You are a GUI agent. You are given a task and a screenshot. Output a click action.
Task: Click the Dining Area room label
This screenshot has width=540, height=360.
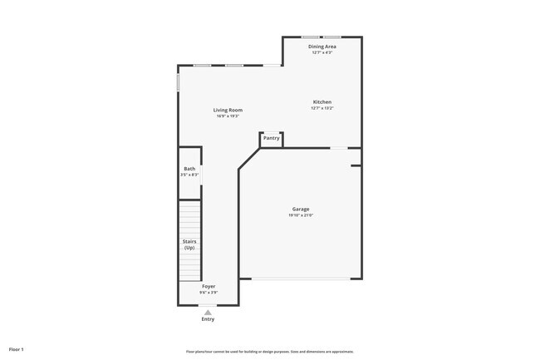pyautogui.click(x=322, y=47)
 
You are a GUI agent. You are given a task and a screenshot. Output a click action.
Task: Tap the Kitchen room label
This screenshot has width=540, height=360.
pyautogui.click(x=322, y=102)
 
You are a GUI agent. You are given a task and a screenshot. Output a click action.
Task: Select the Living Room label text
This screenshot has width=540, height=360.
pyautogui.click(x=228, y=110)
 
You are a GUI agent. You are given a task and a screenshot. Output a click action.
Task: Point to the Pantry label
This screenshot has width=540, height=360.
pyautogui.click(x=272, y=138)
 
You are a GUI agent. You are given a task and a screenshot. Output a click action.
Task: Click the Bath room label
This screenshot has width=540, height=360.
pyautogui.click(x=189, y=169)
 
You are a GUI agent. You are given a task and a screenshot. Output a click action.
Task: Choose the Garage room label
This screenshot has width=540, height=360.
pyautogui.click(x=300, y=209)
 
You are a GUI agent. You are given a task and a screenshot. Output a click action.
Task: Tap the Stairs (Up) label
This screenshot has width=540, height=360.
pyautogui.click(x=189, y=244)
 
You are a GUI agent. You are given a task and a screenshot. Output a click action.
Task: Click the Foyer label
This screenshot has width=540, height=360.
pyautogui.click(x=209, y=286)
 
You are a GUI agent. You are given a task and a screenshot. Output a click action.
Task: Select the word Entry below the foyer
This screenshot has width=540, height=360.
pyautogui.click(x=208, y=319)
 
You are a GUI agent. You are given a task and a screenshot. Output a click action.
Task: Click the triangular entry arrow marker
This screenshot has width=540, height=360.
pyautogui.click(x=208, y=312)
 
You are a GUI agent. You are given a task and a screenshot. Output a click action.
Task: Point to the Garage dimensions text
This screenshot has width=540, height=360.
pyautogui.click(x=300, y=215)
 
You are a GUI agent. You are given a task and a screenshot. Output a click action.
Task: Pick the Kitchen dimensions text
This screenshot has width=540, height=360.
pyautogui.click(x=322, y=108)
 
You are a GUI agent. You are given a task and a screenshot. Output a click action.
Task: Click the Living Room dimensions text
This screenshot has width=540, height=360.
pyautogui.click(x=228, y=116)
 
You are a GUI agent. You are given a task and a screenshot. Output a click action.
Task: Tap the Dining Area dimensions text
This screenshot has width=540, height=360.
pyautogui.click(x=322, y=52)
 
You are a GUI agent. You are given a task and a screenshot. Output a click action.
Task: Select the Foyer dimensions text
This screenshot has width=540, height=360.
pyautogui.click(x=209, y=292)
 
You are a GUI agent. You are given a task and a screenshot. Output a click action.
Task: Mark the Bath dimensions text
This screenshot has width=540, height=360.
pyautogui.click(x=189, y=175)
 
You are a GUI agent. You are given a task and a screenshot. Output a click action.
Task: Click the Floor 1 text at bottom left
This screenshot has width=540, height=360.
pyautogui.click(x=17, y=349)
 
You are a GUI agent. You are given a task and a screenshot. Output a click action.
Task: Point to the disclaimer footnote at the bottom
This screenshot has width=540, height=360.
pyautogui.click(x=270, y=352)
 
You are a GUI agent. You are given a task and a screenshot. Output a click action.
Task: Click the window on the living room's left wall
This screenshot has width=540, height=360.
pyautogui.click(x=179, y=83)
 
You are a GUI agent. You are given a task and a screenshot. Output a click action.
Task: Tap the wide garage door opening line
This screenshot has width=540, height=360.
pyautogui.click(x=301, y=279)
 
